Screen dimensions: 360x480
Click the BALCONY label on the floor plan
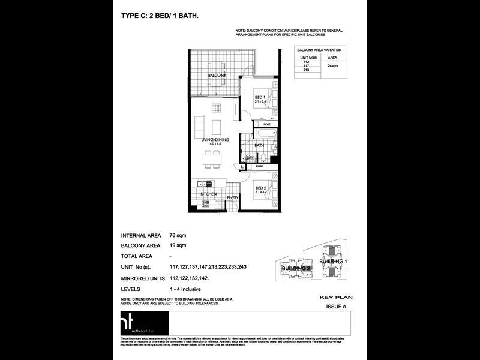click(216, 76)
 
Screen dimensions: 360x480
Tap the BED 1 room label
click(259, 97)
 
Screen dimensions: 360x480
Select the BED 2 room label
click(261, 188)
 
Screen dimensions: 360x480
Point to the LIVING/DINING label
click(215, 140)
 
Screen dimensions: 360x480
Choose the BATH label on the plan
click(259, 145)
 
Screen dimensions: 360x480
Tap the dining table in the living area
click(211, 159)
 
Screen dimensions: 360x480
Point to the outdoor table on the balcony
click(216, 65)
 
